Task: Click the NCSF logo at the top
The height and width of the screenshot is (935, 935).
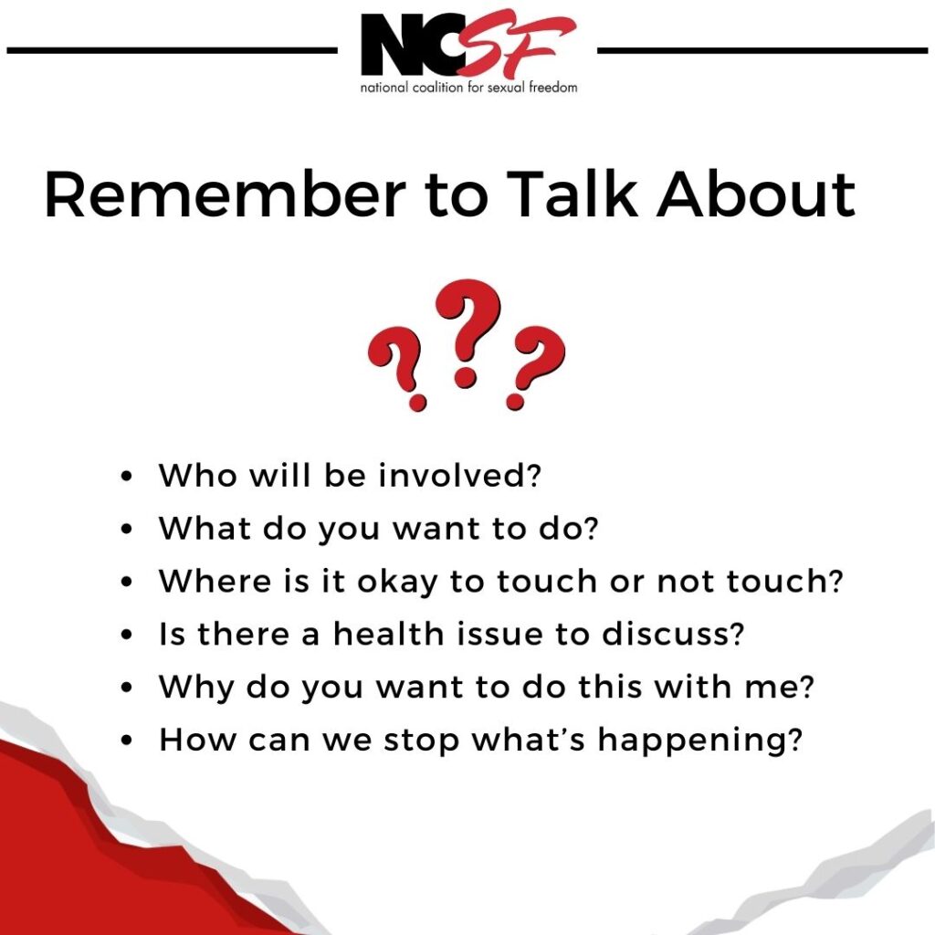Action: (467, 46)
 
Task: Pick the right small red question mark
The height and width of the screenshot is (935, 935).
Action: (536, 368)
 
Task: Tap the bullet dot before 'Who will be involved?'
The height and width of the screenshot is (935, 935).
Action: (128, 478)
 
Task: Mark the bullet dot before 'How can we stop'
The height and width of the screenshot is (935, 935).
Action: (128, 741)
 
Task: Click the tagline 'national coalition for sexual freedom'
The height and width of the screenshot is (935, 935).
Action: (468, 88)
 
